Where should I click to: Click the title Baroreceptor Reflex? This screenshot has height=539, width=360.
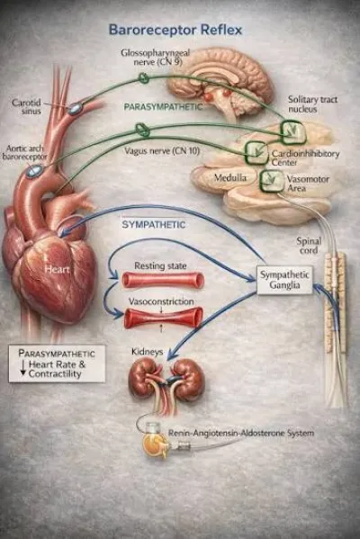pyautogui.click(x=175, y=30)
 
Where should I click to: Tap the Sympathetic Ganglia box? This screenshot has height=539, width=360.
pyautogui.click(x=284, y=280)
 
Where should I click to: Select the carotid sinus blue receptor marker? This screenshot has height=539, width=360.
pyautogui.click(x=75, y=109)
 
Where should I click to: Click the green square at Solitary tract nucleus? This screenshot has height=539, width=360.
pyautogui.click(x=293, y=131)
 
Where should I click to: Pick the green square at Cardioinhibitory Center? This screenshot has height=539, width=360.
pyautogui.click(x=256, y=151)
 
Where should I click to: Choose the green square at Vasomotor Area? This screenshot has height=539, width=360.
pyautogui.click(x=272, y=181)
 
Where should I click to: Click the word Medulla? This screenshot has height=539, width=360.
pyautogui.click(x=230, y=178)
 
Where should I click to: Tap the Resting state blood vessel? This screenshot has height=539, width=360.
pyautogui.click(x=163, y=280)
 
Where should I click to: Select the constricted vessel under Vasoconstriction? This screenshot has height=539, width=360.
pyautogui.click(x=163, y=318)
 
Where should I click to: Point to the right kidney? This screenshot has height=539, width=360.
pyautogui.click(x=189, y=379)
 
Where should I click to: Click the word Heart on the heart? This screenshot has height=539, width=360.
pyautogui.click(x=57, y=269)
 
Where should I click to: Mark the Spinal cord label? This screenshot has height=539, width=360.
pyautogui.click(x=309, y=246)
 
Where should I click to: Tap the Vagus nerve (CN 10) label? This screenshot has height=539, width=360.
pyautogui.click(x=162, y=150)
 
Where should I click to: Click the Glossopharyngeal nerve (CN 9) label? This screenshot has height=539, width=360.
pyautogui.click(x=156, y=58)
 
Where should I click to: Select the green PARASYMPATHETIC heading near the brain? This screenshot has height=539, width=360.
pyautogui.click(x=163, y=107)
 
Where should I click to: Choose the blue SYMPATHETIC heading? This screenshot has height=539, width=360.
pyautogui.click(x=153, y=225)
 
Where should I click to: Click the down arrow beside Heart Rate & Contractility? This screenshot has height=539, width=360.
pyautogui.click(x=23, y=368)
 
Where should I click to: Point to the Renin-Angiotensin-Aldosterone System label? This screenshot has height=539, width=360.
pyautogui.click(x=241, y=433)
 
